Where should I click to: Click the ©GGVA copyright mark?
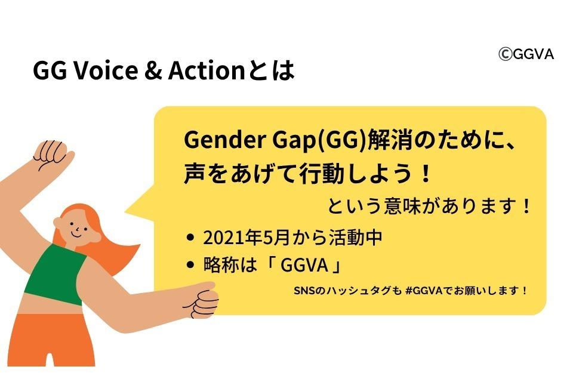(526, 54)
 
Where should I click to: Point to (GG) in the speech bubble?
(341, 141)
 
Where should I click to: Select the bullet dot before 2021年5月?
(190, 238)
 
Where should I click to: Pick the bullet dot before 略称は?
(190, 264)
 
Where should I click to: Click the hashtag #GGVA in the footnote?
(424, 291)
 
